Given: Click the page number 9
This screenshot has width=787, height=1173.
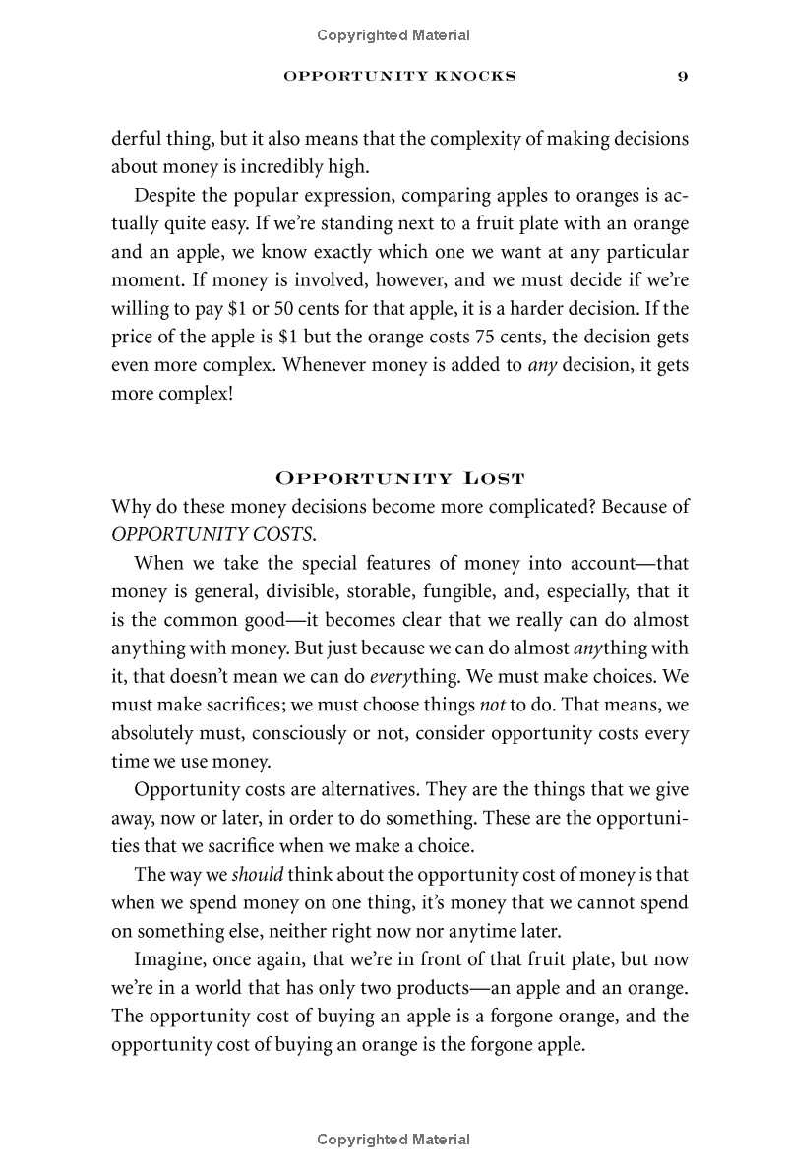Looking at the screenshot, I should pos(682,77).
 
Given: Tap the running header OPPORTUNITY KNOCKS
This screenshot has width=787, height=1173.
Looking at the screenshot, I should pos(398,77).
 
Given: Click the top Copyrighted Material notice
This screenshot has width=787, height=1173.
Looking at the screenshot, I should pos(393,35).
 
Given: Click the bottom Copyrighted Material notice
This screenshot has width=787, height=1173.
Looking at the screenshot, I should pos(393,1140).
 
